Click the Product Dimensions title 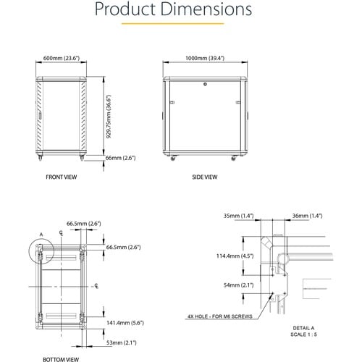pos(181,9)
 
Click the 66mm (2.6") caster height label pos(121,157)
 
